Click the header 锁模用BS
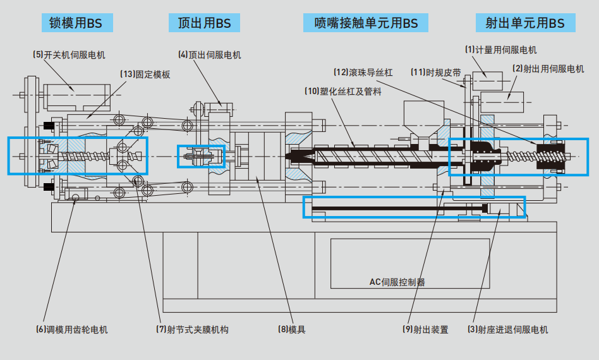tap(75, 23)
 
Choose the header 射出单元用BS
tap(524, 23)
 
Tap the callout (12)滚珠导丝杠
tap(363, 73)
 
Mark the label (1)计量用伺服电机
tap(500, 49)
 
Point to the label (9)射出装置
tap(425, 330)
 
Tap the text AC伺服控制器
tap(397, 282)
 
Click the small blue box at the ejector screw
tap(201, 156)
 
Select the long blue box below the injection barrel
tap(414, 207)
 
